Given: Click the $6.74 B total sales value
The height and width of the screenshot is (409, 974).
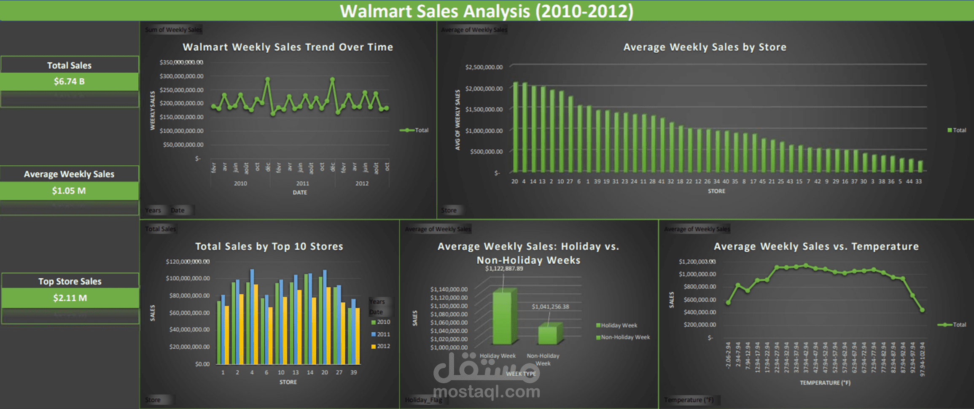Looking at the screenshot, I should (69, 81).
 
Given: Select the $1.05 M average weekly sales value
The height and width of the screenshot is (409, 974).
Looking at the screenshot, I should (69, 191).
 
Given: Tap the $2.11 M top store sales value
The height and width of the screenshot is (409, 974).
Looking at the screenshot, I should (70, 298).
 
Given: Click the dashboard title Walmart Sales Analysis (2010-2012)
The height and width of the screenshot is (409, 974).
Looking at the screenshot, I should (487, 11).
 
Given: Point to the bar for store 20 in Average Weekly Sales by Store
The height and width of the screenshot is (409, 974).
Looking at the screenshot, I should (515, 126).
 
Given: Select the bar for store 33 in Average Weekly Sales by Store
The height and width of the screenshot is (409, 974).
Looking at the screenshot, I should (920, 166).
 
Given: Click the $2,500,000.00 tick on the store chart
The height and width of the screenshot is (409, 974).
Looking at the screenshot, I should (484, 67).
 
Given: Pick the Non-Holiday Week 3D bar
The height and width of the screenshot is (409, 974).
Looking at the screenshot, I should (549, 335).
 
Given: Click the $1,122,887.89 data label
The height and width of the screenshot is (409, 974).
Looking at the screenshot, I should (504, 269).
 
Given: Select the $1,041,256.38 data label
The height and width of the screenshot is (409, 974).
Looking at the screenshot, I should (550, 307).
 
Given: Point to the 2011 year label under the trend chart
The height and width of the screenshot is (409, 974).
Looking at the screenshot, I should (302, 183).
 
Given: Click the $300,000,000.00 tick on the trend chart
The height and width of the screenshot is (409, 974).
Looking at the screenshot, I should (181, 76).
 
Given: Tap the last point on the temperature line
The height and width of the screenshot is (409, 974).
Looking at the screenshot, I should (922, 310).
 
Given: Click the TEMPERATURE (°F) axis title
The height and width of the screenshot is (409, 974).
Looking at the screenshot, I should (825, 383).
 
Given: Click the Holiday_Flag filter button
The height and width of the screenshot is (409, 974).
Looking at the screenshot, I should (423, 400).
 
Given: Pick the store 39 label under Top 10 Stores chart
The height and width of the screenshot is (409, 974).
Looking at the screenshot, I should (353, 372).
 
